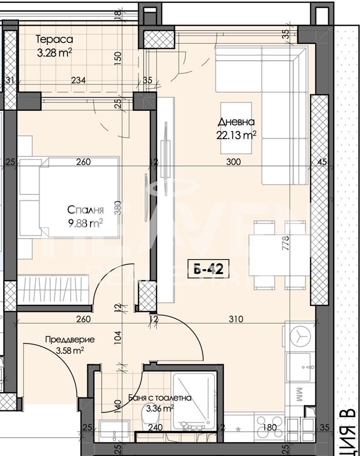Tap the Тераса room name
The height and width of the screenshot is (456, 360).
54,40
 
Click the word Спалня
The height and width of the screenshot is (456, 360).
86,210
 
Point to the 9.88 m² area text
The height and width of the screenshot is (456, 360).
85,223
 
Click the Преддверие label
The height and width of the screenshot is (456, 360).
70,339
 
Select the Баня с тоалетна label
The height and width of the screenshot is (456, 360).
159,398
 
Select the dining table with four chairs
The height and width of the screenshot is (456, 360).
278,255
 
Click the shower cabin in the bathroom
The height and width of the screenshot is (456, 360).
193,399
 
